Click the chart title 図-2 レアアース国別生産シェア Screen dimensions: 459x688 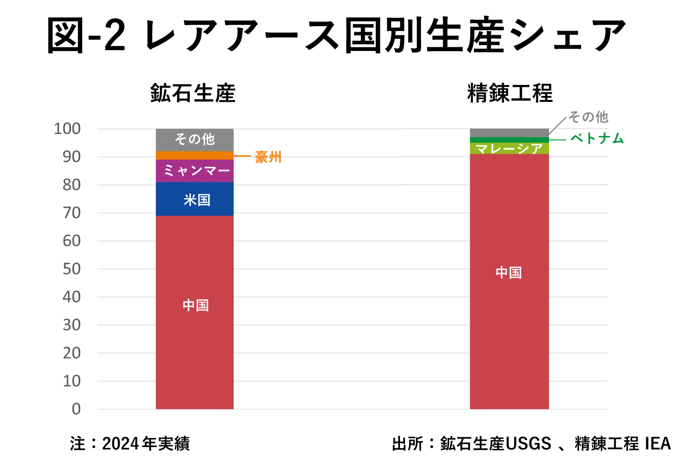click(337, 36)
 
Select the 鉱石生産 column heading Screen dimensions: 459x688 click(193, 93)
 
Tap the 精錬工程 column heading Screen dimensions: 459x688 click(510, 93)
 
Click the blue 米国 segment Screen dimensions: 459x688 click(194, 199)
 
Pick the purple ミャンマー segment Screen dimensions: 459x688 click(194, 171)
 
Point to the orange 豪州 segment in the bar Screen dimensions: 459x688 click(194, 156)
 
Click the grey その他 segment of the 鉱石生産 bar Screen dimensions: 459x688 click(194, 140)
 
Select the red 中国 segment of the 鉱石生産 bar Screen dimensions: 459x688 click(194, 312)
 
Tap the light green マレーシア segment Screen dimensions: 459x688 click(509, 148)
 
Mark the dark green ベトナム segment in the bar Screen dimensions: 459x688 click(509, 140)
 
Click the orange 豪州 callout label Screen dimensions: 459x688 click(268, 157)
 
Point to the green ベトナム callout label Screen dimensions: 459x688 click(597, 138)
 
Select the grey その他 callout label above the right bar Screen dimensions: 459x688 click(588, 117)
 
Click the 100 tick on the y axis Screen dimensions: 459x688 click(67, 129)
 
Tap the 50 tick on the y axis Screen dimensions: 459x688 click(72, 269)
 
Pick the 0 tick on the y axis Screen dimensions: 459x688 click(76, 409)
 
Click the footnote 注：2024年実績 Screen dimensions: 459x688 click(130, 443)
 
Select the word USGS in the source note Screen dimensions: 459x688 click(528, 443)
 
